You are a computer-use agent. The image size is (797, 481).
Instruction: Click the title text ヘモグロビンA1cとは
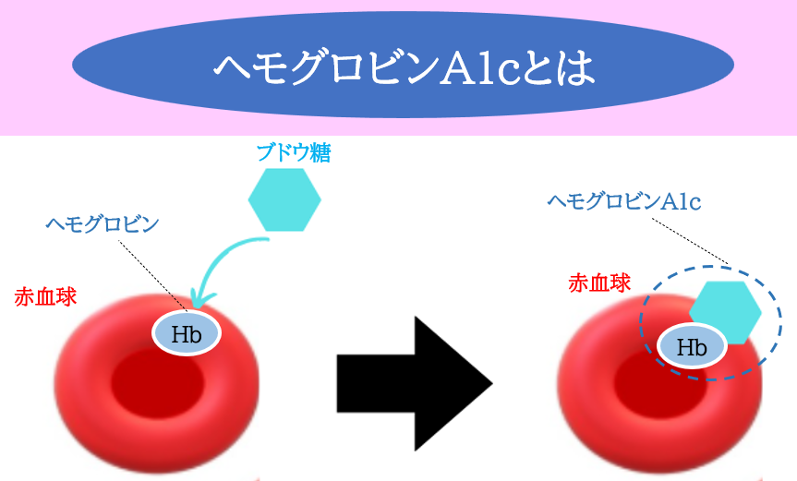point(404,67)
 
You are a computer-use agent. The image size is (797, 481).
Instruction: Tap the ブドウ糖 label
point(294,152)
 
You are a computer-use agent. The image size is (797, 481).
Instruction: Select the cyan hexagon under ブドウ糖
point(284,199)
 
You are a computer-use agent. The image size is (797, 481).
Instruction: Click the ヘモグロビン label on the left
point(103,223)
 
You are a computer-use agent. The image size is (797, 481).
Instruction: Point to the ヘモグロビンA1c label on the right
point(624,201)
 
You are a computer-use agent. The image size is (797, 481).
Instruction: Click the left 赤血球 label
point(45,296)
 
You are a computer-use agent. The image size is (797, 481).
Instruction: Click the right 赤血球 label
point(599,283)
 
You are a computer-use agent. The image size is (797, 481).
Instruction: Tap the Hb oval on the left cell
point(187,333)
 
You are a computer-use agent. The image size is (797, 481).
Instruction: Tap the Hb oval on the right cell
point(692,346)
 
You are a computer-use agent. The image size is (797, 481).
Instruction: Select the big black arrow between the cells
point(415,384)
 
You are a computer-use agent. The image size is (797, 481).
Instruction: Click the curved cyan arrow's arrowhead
point(200,298)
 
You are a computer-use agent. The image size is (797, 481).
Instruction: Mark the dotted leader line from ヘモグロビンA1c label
point(690,241)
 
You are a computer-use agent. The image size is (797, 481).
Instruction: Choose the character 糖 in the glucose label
point(321,152)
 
